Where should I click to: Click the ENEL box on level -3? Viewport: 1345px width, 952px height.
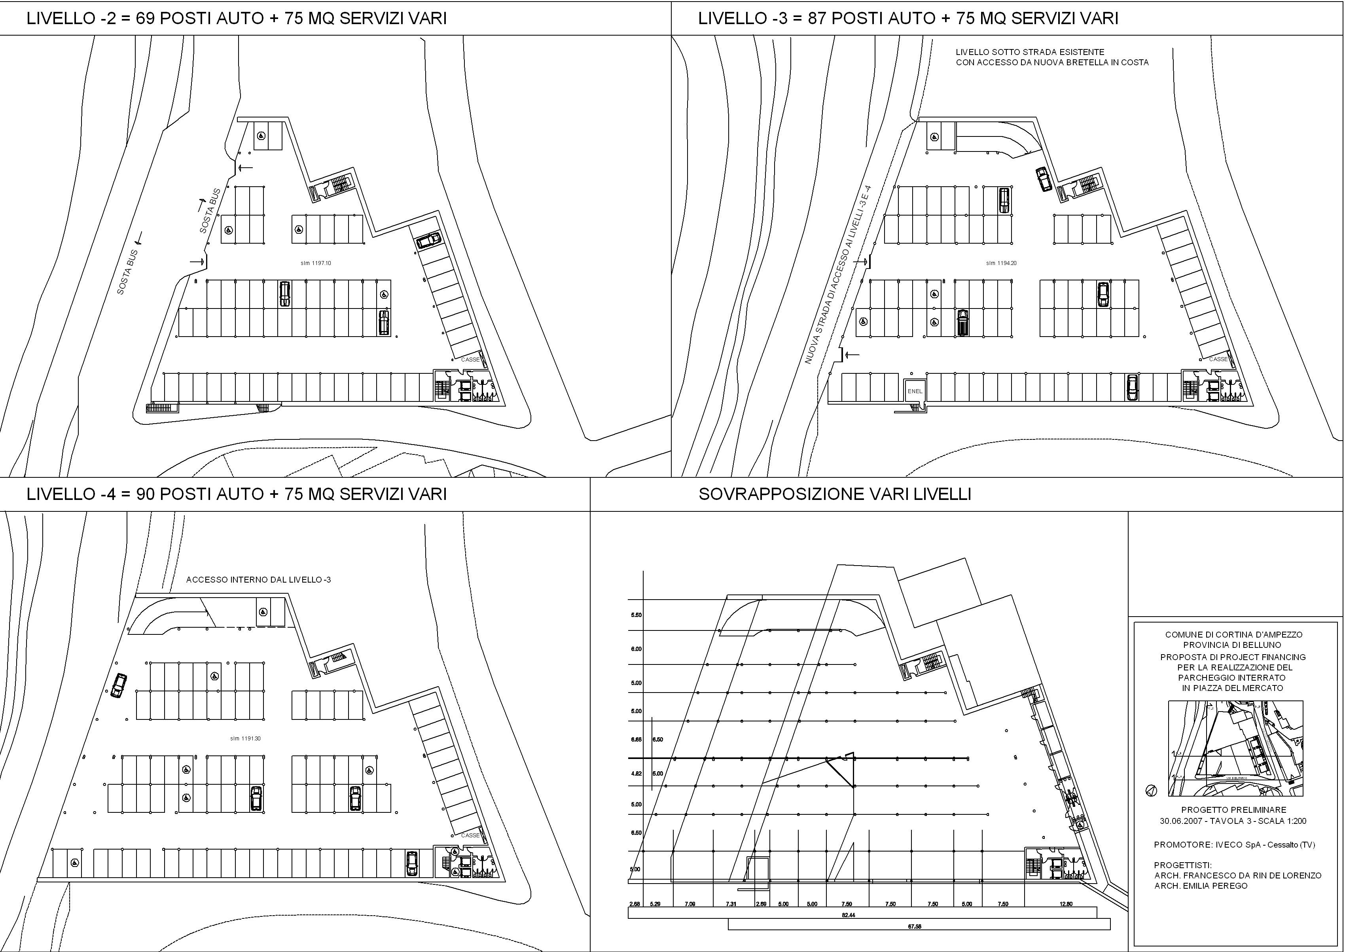[915, 391]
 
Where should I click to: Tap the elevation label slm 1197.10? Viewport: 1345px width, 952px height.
[316, 263]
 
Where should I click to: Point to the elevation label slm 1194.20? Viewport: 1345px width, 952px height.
[1001, 263]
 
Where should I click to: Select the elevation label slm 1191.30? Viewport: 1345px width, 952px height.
[245, 739]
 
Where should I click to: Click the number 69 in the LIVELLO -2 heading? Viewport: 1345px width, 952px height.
[146, 19]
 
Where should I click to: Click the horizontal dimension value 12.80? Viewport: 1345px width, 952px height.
[1067, 904]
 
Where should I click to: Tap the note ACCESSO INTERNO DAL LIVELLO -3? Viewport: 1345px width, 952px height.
[259, 580]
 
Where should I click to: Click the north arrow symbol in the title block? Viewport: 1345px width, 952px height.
[1151, 791]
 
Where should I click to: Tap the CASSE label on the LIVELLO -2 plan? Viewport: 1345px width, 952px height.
[471, 360]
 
